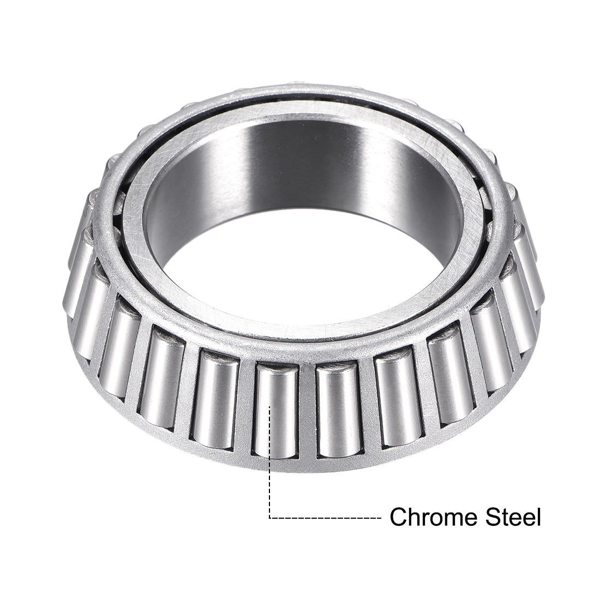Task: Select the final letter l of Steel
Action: coord(538,516)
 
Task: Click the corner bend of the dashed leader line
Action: coord(271,517)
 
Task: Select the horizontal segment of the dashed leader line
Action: coord(327,517)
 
